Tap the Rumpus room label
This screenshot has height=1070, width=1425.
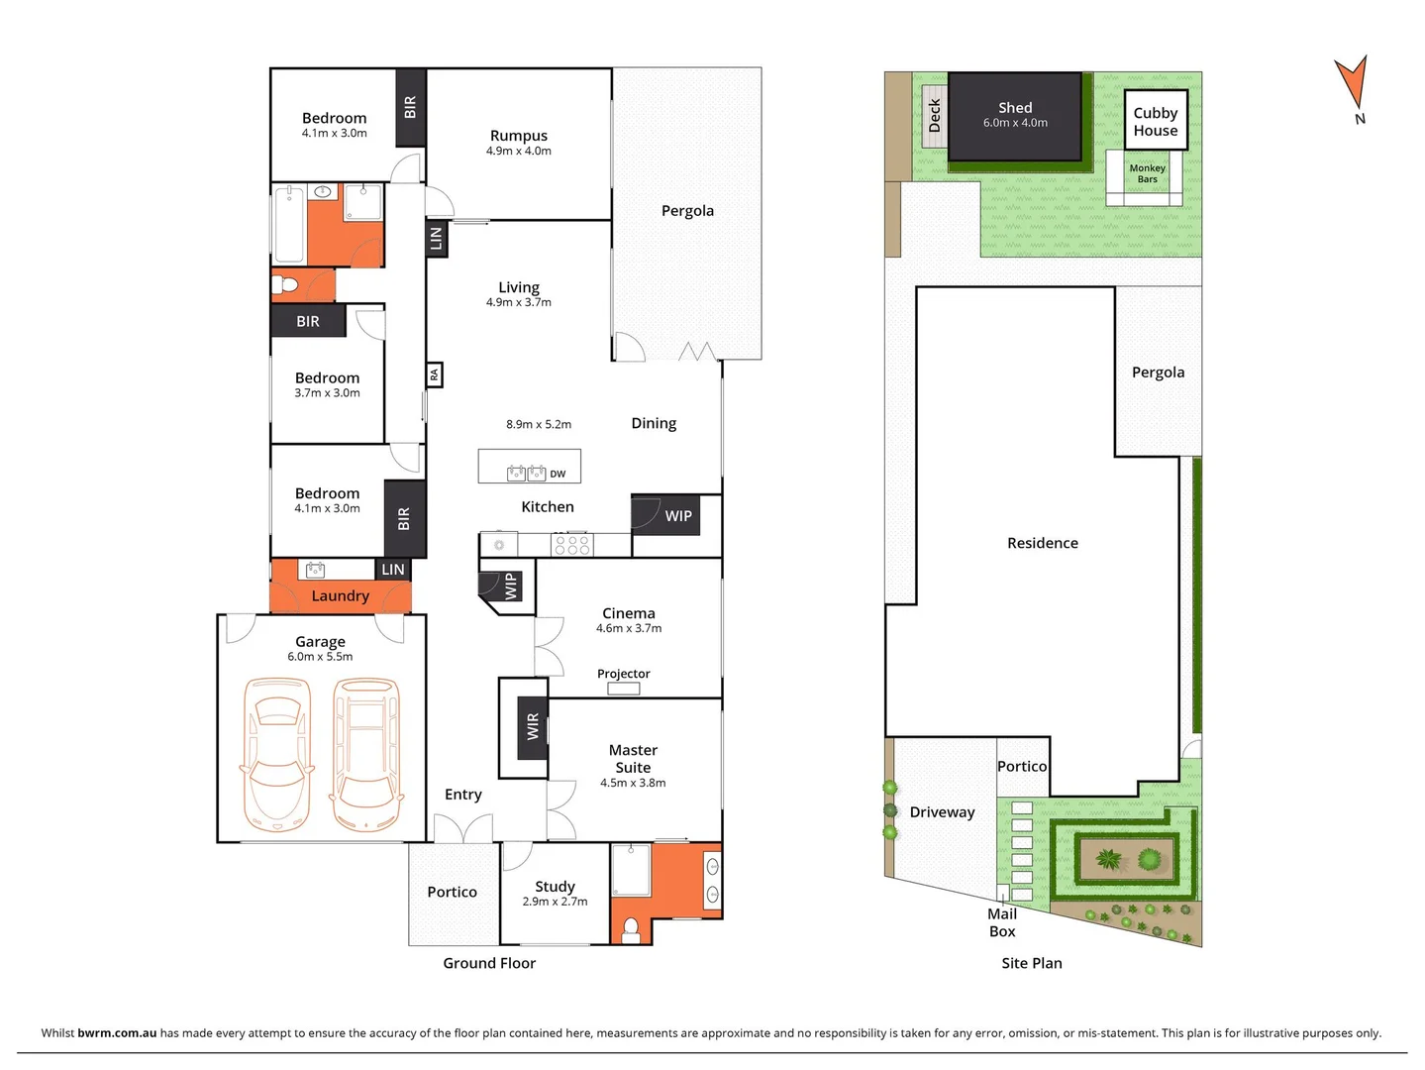pyautogui.click(x=518, y=136)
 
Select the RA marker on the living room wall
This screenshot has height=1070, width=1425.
pyautogui.click(x=434, y=374)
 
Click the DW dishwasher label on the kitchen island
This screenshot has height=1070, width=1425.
pyautogui.click(x=558, y=474)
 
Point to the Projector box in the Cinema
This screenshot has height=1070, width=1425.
pyautogui.click(x=623, y=688)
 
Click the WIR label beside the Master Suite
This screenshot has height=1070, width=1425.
pyautogui.click(x=533, y=726)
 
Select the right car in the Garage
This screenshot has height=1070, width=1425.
pyautogui.click(x=365, y=753)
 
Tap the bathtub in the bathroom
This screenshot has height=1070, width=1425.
pyautogui.click(x=289, y=224)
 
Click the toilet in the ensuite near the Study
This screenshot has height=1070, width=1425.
pyautogui.click(x=631, y=929)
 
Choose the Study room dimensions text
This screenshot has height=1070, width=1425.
pyautogui.click(x=555, y=902)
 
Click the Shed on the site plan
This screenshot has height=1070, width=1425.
pyautogui.click(x=1015, y=116)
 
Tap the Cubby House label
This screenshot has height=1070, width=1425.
pyautogui.click(x=1155, y=122)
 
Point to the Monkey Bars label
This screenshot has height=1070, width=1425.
pyautogui.click(x=1147, y=173)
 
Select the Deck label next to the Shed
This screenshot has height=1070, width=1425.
pyautogui.click(x=934, y=116)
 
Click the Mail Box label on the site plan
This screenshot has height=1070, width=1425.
pyautogui.click(x=1002, y=922)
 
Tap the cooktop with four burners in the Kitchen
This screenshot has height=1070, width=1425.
pyautogui.click(x=571, y=544)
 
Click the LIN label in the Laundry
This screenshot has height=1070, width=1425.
pyautogui.click(x=392, y=569)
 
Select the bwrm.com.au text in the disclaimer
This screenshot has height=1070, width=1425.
pyautogui.click(x=117, y=1032)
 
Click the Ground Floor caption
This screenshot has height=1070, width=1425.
pyautogui.click(x=489, y=963)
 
